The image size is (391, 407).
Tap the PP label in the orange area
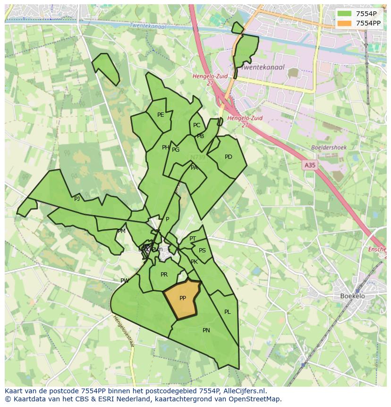pos(183,298)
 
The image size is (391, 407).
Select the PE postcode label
pos(161,115)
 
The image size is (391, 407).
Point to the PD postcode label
pos(229,157)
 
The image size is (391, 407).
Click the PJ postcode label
pos(77,199)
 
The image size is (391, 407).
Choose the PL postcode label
pos(228,312)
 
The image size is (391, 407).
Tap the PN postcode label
pos(206,330)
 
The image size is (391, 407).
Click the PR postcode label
pos(164,275)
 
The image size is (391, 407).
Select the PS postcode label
pos(202,251)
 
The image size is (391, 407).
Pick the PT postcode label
pos(193,239)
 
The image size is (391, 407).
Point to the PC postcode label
pos(196,125)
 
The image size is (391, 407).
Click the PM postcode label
pos(122,231)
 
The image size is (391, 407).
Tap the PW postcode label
pos(125,281)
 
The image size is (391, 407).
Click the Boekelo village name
pos(352,296)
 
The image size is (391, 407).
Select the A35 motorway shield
pos(310,165)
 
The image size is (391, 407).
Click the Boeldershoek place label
pos(329,147)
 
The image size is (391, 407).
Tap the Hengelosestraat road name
pos(124,331)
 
